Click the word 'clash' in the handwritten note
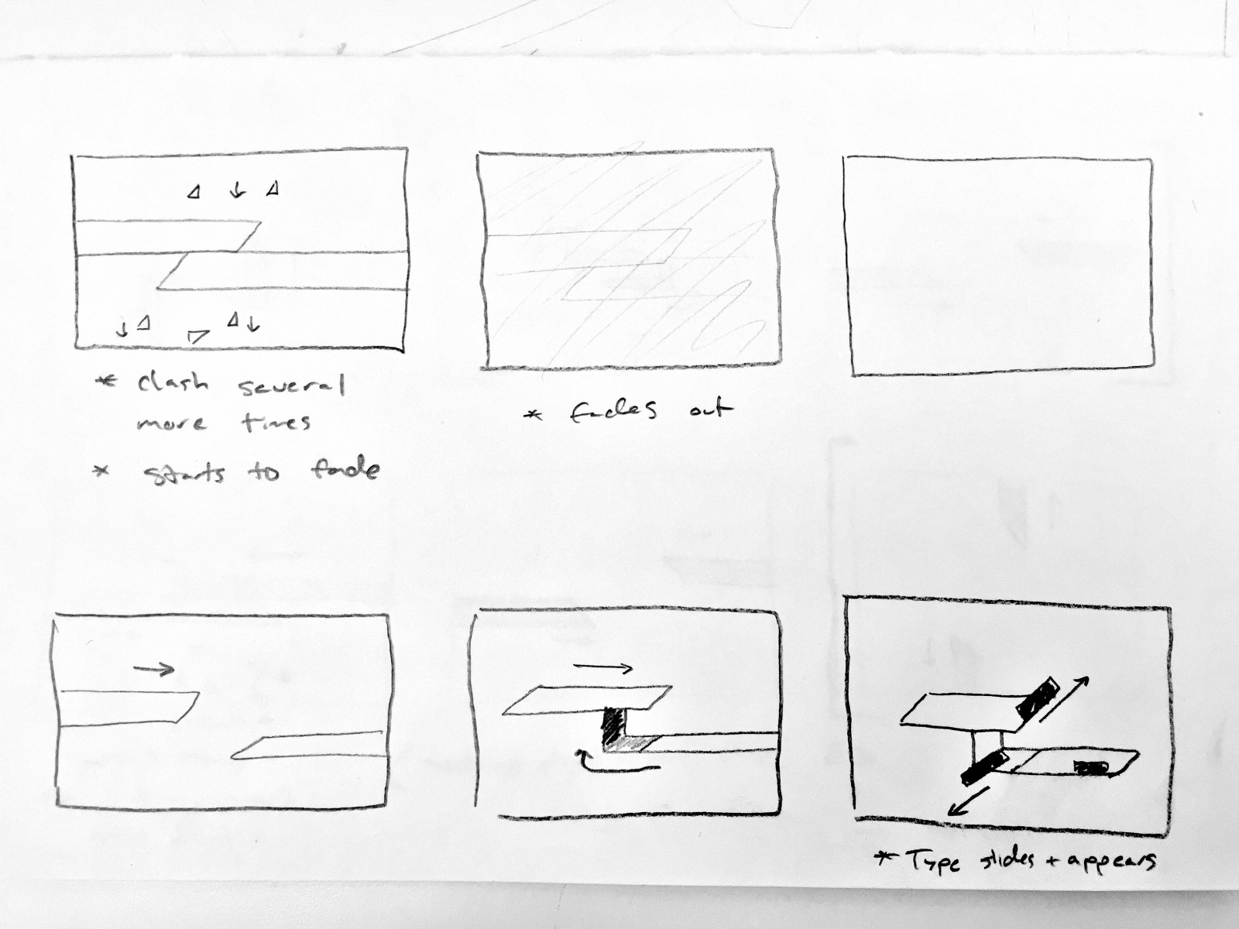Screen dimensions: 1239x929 point(173,383)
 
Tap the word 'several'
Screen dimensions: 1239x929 point(291,386)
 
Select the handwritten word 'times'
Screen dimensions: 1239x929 point(276,422)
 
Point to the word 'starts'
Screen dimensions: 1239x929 point(184,473)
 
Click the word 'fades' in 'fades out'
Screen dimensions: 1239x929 point(613,411)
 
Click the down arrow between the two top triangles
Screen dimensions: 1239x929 point(237,190)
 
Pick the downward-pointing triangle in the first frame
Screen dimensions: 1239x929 point(197,336)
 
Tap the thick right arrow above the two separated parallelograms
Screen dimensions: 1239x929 point(154,669)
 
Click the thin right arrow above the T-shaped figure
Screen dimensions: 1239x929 point(602,668)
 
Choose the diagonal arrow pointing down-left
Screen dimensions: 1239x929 point(967,801)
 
